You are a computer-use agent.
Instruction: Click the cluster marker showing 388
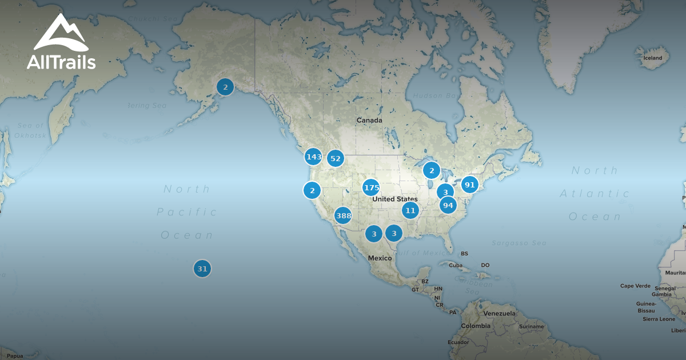click(x=343, y=215)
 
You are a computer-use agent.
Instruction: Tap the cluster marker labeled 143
click(x=313, y=157)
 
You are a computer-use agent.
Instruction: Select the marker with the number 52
click(x=335, y=159)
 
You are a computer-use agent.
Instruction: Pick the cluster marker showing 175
click(x=371, y=187)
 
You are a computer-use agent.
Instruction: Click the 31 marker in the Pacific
click(x=202, y=269)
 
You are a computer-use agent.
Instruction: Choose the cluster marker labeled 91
click(x=469, y=185)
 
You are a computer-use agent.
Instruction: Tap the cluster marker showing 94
click(x=448, y=205)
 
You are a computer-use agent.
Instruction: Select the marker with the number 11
click(x=410, y=210)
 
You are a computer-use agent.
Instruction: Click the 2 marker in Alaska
click(x=225, y=87)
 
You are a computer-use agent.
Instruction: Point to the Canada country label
click(x=369, y=121)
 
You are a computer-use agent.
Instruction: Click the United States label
click(x=394, y=199)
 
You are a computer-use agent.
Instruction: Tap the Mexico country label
click(x=380, y=258)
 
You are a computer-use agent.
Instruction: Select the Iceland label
click(x=653, y=58)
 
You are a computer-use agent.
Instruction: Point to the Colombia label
click(x=476, y=326)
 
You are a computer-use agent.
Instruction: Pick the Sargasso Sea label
click(x=519, y=243)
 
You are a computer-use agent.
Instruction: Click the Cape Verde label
click(x=635, y=286)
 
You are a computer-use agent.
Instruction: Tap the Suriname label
click(x=532, y=326)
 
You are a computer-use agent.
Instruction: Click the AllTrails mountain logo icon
click(x=61, y=34)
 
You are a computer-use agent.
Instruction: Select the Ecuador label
click(x=458, y=342)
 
